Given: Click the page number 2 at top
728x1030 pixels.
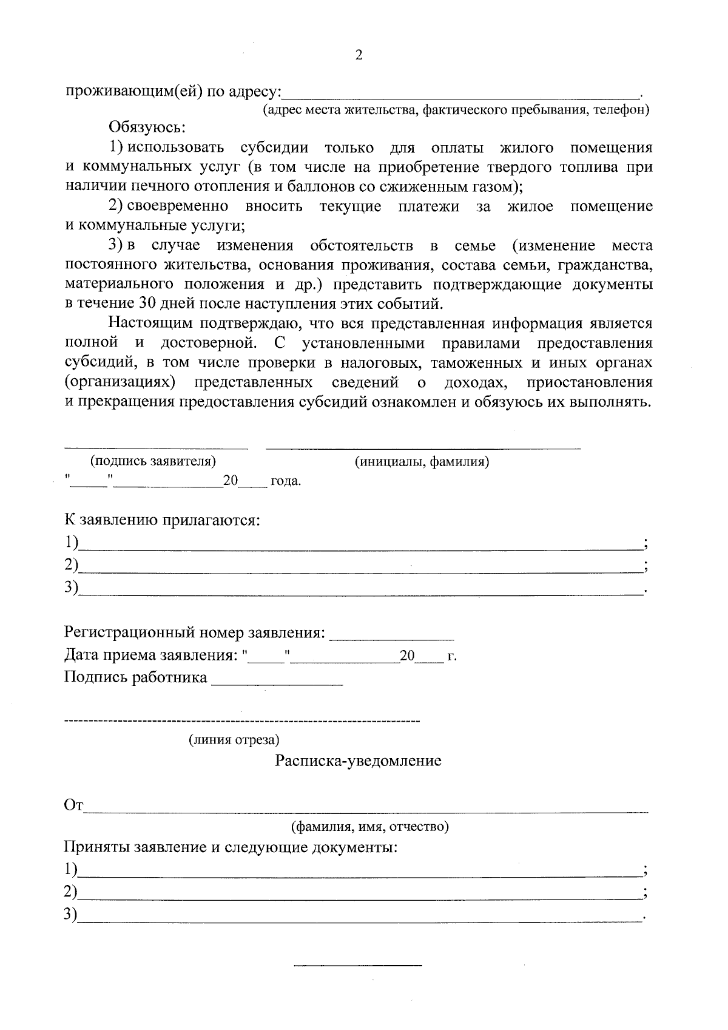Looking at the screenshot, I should (359, 55).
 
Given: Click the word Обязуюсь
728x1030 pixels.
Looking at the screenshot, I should (147, 128).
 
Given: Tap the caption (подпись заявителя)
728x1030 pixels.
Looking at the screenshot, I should (153, 461).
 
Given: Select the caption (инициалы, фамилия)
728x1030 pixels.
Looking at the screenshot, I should (422, 462).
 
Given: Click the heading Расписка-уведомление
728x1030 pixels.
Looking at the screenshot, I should (358, 761).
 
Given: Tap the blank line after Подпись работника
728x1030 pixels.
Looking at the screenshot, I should (277, 683).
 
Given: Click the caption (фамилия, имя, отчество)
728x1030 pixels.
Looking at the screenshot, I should (369, 827).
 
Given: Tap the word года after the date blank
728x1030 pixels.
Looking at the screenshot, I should (285, 482).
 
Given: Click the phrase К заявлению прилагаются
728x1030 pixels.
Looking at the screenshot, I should (162, 521).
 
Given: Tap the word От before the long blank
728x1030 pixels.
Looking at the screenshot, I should (73, 806).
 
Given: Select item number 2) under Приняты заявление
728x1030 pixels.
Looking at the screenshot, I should (71, 892).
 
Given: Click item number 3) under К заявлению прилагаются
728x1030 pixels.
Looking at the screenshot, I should (72, 587).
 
